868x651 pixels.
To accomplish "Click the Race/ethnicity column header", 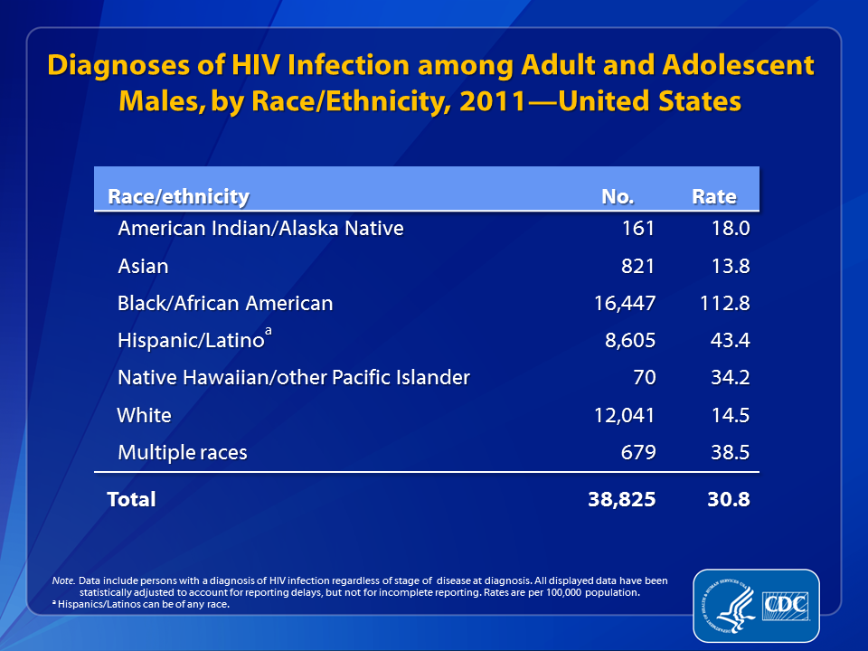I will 178,196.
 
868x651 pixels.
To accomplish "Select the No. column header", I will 618,196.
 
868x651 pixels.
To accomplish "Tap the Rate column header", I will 714,196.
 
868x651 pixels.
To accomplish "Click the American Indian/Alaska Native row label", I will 260,228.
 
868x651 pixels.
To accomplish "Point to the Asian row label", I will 143,266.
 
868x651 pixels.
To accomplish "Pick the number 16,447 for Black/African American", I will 623,304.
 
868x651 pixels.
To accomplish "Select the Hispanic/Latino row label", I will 192,342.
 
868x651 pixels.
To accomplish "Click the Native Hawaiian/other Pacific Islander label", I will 294,378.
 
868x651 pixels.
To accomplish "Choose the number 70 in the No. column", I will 643,378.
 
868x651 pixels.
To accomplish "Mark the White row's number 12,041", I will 623,416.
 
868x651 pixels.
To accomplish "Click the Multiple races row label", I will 183,452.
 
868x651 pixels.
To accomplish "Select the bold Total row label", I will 132,498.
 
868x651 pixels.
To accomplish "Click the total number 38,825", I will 621,498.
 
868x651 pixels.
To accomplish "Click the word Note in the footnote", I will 62,580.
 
